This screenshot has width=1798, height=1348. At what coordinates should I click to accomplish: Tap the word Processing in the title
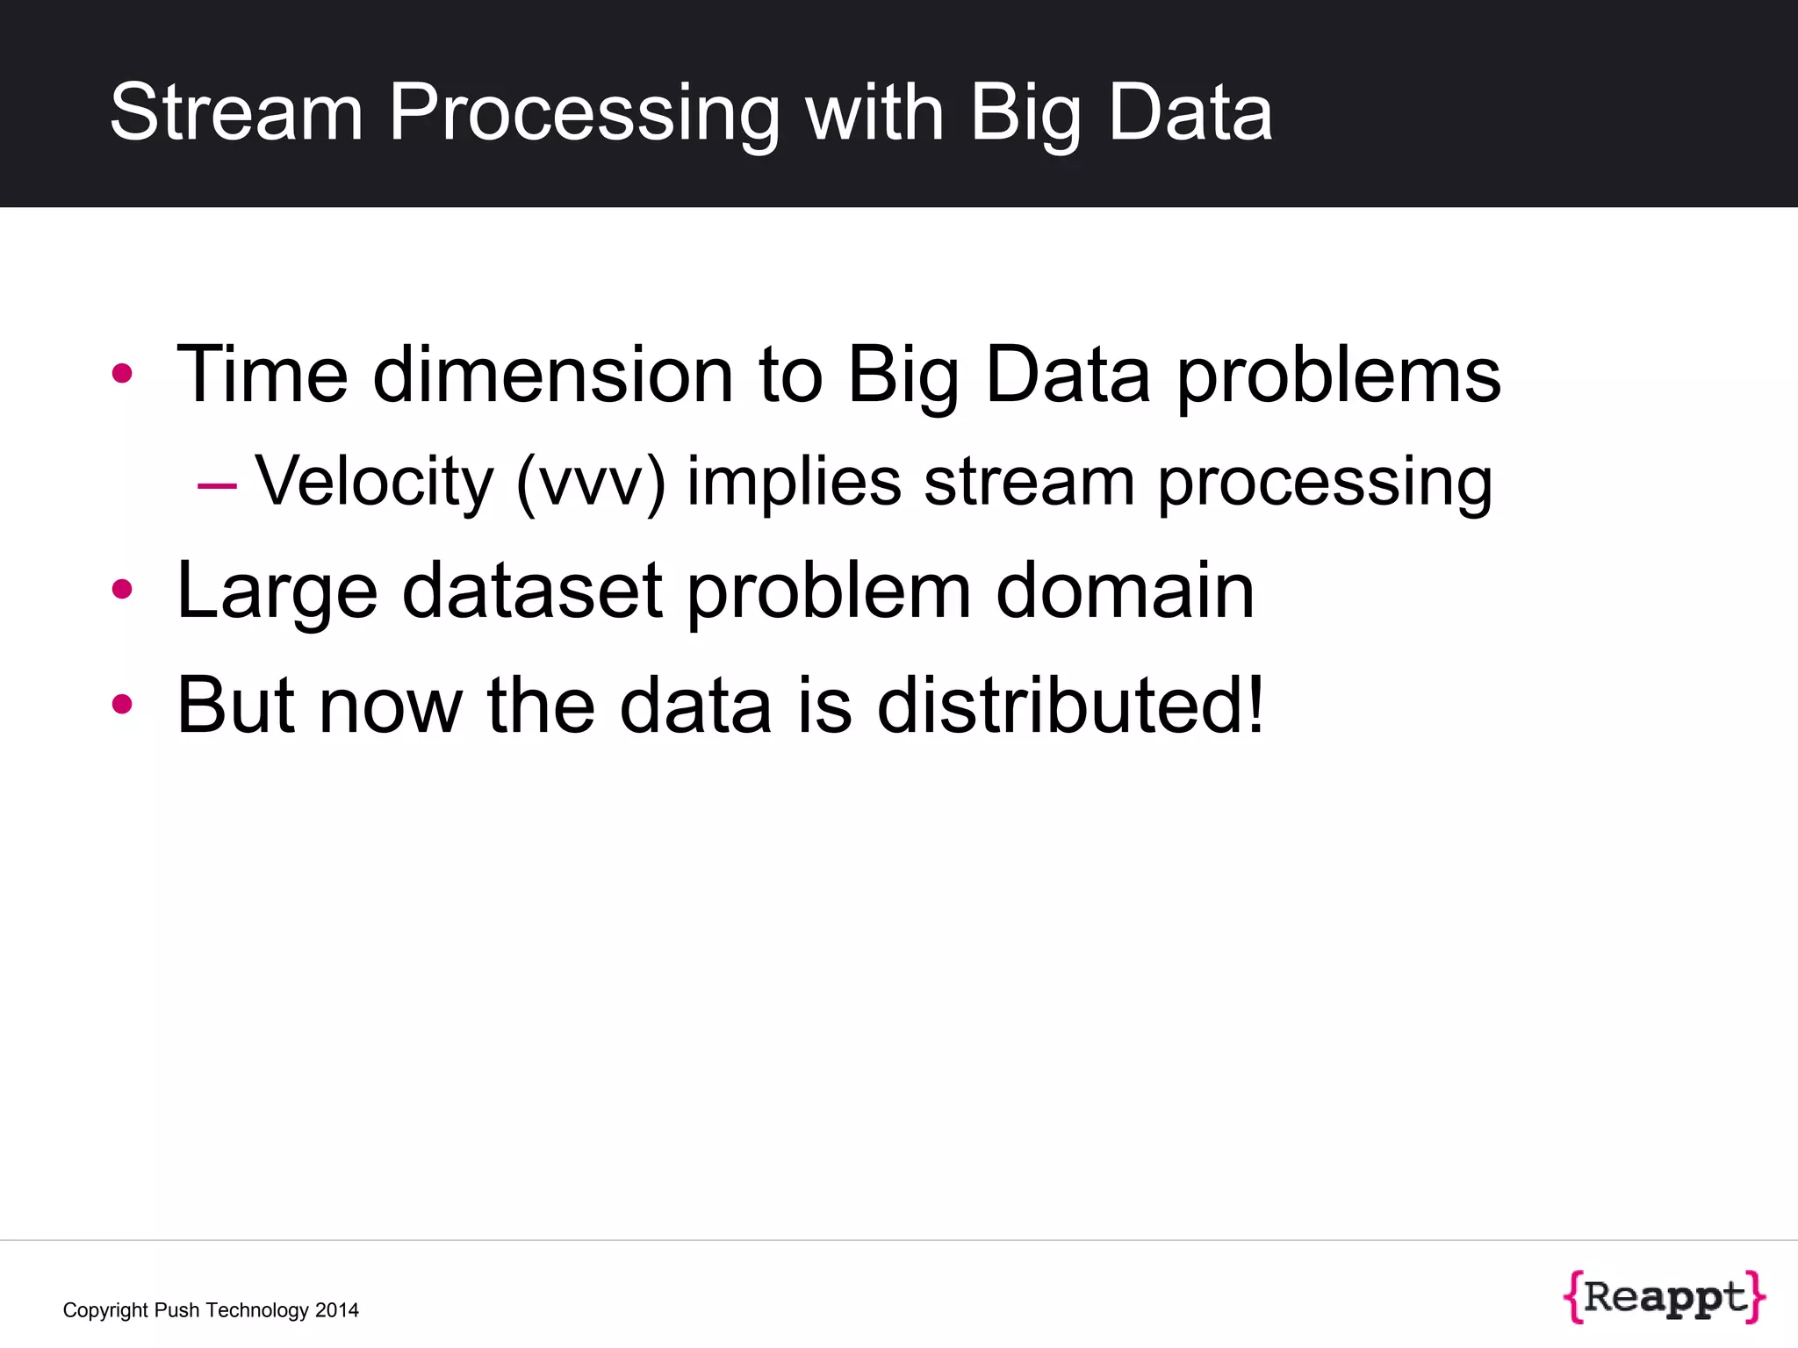click(584, 112)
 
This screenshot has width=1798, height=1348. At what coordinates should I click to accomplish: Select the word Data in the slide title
click(1190, 112)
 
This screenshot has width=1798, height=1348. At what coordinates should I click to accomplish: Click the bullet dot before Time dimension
click(122, 374)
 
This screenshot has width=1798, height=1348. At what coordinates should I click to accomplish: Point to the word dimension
click(552, 375)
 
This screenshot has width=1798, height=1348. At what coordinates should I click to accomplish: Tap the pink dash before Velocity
click(217, 485)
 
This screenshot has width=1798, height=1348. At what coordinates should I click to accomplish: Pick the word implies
click(794, 483)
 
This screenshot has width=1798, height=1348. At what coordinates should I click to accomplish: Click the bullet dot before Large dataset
click(122, 590)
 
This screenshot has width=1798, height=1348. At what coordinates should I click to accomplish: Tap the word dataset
click(532, 591)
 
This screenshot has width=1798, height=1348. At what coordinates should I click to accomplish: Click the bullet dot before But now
click(122, 704)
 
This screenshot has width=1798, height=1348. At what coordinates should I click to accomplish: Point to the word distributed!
click(1070, 705)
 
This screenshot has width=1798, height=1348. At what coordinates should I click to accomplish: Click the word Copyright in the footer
click(105, 1310)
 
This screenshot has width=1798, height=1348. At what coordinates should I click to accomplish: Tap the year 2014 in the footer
click(337, 1310)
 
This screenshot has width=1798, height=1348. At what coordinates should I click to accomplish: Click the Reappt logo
click(1665, 1296)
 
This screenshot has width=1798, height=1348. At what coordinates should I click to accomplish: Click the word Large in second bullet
click(277, 591)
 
